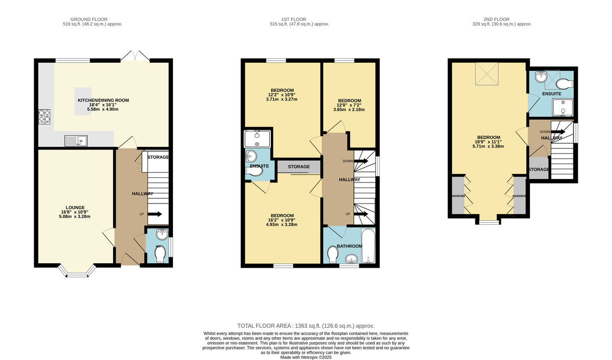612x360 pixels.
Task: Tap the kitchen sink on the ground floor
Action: coord(75,140)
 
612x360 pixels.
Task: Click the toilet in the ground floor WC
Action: coord(160,254)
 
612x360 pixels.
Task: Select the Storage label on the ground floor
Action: coord(158,157)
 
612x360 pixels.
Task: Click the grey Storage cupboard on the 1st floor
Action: coord(299,167)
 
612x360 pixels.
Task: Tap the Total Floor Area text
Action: coord(306,325)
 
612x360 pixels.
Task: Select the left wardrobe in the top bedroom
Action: coord(458,196)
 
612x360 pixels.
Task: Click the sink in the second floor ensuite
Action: coord(541,78)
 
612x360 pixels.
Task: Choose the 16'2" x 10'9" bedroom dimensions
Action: coord(282,220)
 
